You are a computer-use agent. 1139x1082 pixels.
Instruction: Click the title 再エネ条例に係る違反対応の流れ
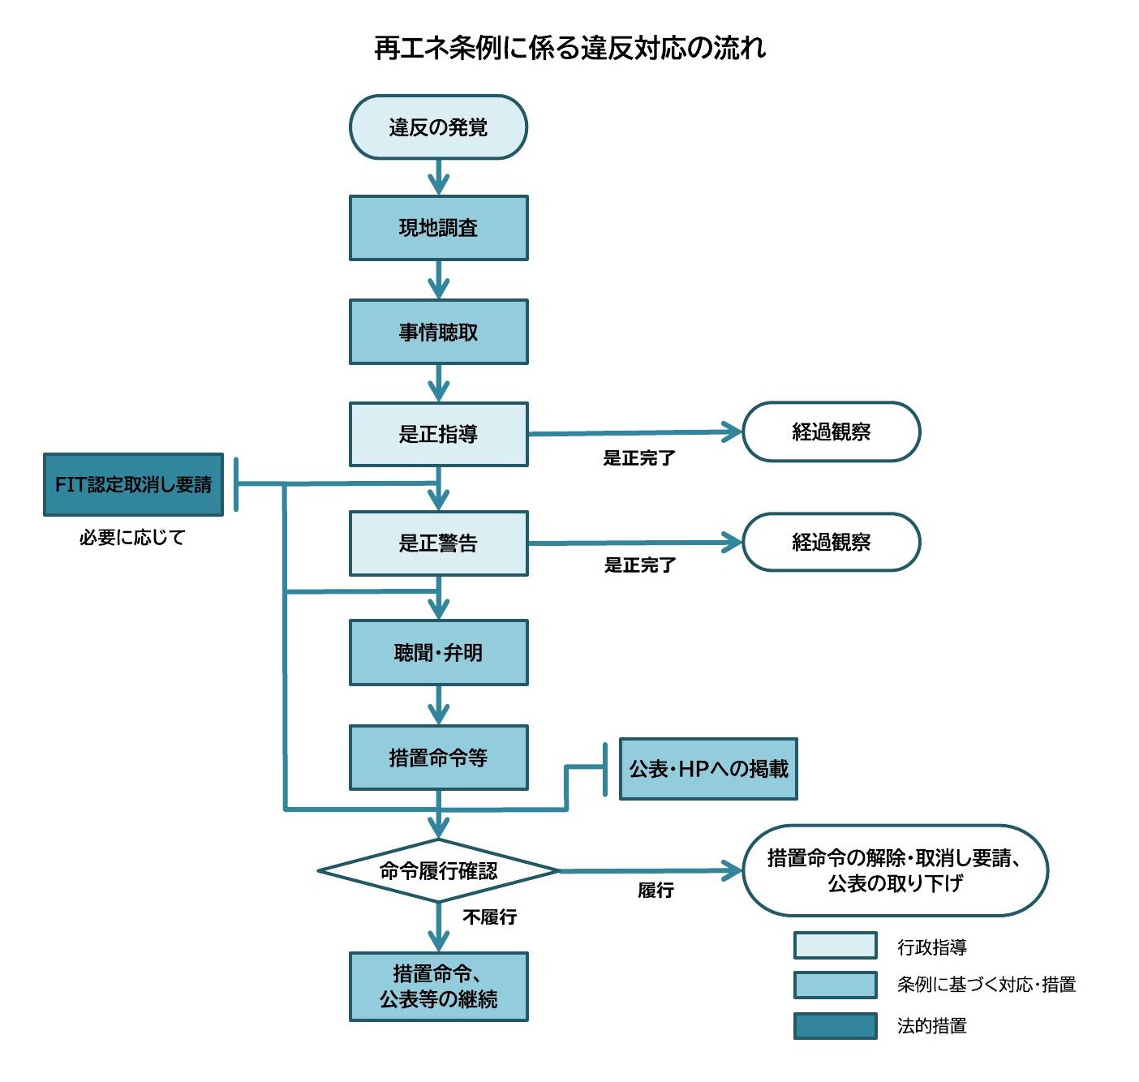pos(569,48)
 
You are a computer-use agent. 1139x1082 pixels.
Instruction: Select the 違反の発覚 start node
pos(438,127)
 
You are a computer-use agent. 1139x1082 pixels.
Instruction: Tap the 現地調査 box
pos(438,228)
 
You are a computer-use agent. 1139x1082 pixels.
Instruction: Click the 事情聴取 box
pos(438,332)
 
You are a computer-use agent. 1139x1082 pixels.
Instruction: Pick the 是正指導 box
pos(438,434)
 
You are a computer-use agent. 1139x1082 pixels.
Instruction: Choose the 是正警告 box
pos(438,543)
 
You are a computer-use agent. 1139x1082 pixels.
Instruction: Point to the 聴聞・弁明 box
pos(438,653)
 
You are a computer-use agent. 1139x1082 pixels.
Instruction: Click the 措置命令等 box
pos(438,758)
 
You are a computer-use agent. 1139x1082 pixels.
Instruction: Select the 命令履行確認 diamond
pos(438,871)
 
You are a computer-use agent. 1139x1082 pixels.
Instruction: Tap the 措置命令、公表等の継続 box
pos(438,986)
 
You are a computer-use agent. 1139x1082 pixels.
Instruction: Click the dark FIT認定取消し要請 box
pos(133,485)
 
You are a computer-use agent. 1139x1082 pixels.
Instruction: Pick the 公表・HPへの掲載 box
pos(708,769)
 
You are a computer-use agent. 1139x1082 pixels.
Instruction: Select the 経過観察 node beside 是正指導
pos(832,432)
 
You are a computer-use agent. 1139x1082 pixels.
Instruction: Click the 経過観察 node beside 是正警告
pos(832,542)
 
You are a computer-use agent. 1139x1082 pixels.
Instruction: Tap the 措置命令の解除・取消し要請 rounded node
pos(895,870)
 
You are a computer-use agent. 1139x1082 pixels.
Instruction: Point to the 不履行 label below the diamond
pos(489,917)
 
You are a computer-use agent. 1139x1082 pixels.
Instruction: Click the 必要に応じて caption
pos(132,537)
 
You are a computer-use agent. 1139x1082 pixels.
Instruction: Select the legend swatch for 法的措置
pos(835,1025)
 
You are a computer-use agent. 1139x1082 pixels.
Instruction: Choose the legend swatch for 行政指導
pos(835,946)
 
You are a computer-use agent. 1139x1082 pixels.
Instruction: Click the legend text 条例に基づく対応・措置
pos(986,985)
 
